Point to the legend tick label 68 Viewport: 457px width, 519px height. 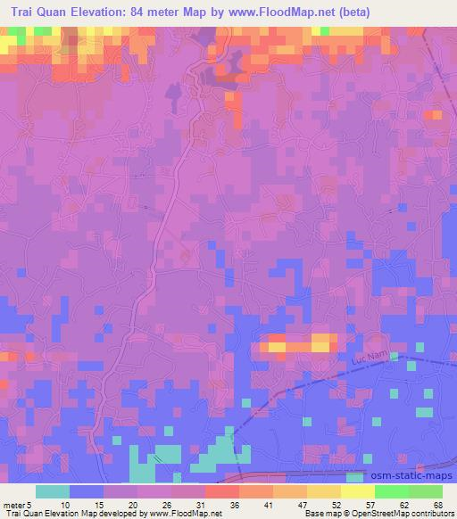[436, 505]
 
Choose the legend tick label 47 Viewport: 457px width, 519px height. [303, 505]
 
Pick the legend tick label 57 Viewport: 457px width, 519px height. [370, 505]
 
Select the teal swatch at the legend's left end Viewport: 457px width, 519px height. [53, 490]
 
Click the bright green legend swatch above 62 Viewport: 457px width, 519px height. [392, 490]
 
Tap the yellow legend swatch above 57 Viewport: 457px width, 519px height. [358, 490]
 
